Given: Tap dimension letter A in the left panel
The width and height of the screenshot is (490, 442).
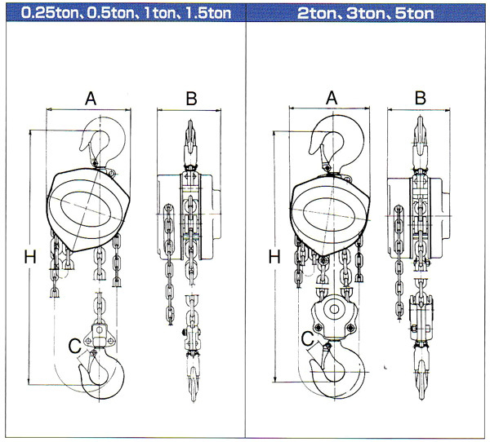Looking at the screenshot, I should point(91,98).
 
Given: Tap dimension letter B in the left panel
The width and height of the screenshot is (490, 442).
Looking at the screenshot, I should point(191,99).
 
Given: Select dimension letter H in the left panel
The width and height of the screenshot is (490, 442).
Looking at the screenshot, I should point(30,258).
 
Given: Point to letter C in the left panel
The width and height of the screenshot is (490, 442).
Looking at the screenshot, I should point(74,346).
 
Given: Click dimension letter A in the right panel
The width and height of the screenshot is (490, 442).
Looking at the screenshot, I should point(332,98).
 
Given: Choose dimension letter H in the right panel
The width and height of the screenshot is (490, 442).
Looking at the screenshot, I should point(274,258).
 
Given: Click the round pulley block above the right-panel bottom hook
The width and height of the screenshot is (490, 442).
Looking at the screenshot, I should point(335,314).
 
